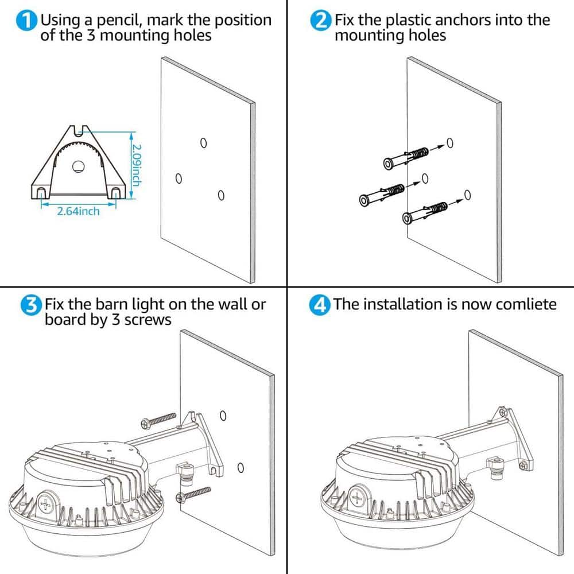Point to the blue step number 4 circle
321,305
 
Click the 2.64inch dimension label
77,211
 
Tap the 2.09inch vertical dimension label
136,164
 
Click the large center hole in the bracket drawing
79,167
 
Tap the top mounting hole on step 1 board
203,142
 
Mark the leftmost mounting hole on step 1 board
178,179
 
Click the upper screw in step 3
158,420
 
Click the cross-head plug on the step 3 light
46,505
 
